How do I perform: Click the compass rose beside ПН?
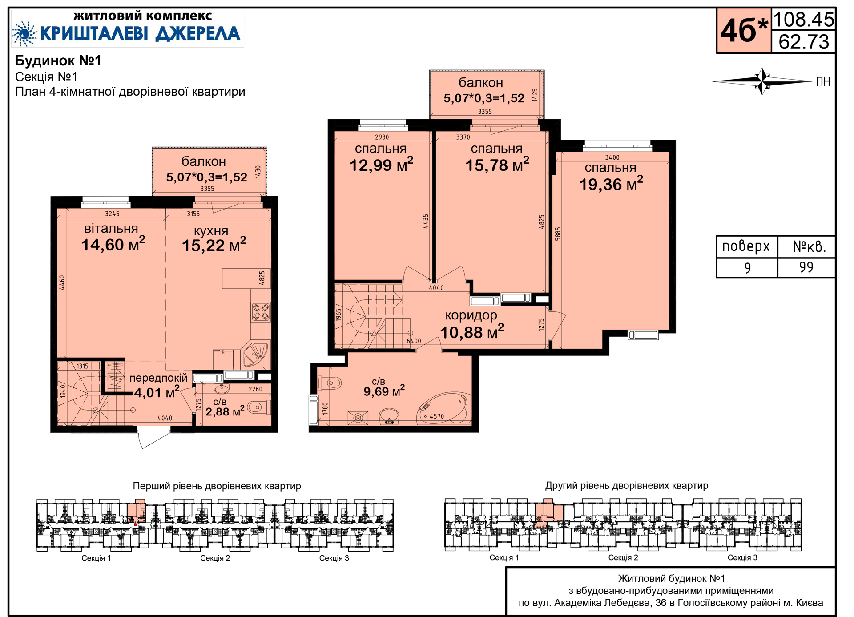coord(762,81)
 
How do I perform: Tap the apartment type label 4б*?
coord(744,31)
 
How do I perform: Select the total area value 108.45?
coord(804,20)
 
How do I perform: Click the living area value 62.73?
coord(804,42)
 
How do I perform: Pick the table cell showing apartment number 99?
coord(806,267)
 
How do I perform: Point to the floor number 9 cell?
coord(747,267)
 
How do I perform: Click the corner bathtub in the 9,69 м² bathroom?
coord(443,408)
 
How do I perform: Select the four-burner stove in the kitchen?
coord(261,312)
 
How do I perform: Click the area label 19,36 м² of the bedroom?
coord(611,184)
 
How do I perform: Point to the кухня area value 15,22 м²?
coord(213,245)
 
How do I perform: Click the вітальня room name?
coord(111,228)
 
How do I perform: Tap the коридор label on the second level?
coord(471,315)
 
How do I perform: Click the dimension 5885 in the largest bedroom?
coord(558,234)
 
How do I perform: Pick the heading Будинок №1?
coord(58,60)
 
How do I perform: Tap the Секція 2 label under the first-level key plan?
coord(215,558)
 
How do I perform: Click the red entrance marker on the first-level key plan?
coord(136,524)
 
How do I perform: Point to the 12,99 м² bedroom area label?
coord(381,165)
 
